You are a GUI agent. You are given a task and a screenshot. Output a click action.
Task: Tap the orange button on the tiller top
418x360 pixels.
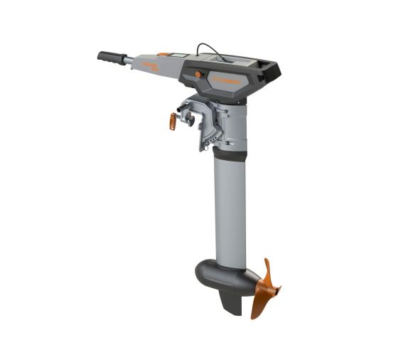(164, 53)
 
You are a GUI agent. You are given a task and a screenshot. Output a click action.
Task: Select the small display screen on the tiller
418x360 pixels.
(180, 55)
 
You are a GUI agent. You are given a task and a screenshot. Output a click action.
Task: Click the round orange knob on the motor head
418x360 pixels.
(198, 74)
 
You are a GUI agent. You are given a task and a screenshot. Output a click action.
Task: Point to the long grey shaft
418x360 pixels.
(229, 213)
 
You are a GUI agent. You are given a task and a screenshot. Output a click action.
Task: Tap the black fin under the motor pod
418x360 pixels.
(230, 302)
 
